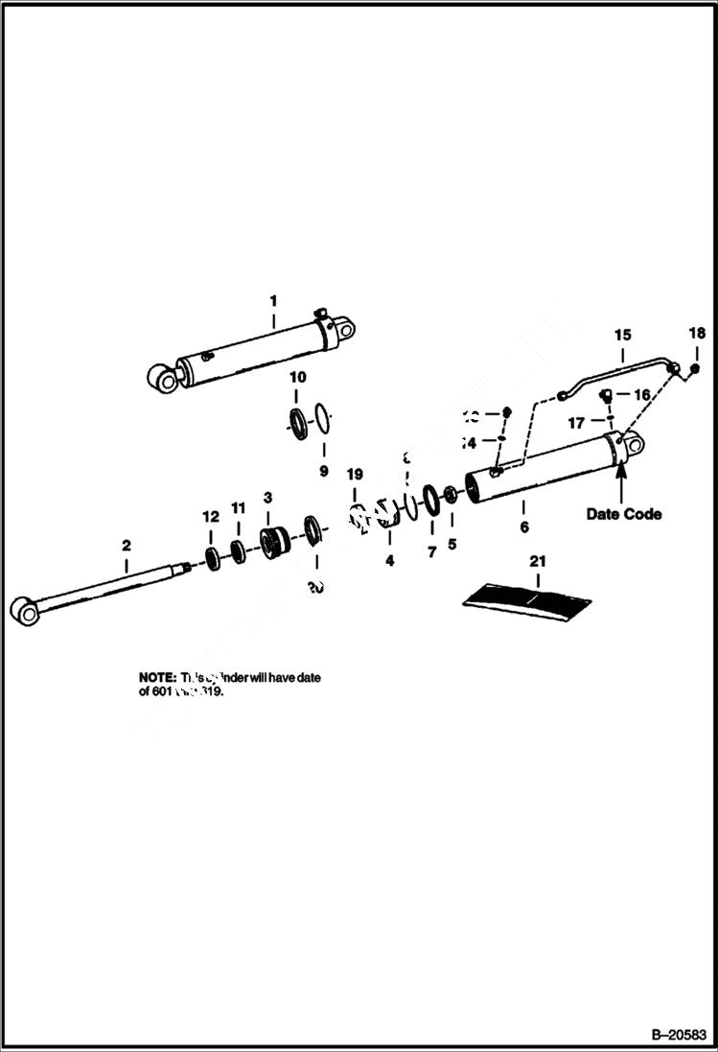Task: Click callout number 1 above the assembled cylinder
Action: (x=272, y=300)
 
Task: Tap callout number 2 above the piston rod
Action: (x=126, y=545)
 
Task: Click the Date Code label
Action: (x=623, y=514)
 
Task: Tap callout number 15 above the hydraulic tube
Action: (x=622, y=335)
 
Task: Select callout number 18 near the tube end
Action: (x=697, y=334)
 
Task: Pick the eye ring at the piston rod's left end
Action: (x=23, y=610)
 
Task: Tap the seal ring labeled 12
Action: (x=212, y=558)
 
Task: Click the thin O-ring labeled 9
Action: (x=325, y=420)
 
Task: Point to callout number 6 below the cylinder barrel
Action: (x=523, y=526)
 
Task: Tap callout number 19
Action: (x=355, y=474)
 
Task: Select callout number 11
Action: (x=239, y=506)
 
